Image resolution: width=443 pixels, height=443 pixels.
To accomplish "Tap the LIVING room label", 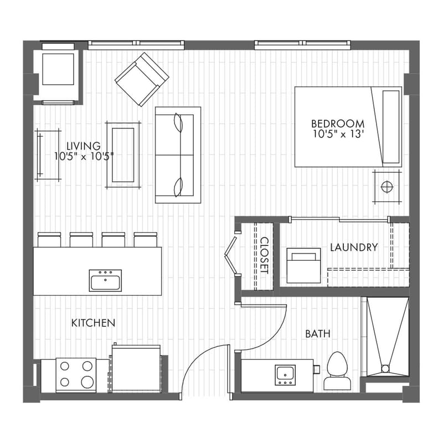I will (85, 146).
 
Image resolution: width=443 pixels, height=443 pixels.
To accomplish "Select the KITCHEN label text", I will (93, 322).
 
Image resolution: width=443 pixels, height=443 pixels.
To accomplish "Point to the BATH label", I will (318, 334).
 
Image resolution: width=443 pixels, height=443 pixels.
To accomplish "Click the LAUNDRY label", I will (354, 247).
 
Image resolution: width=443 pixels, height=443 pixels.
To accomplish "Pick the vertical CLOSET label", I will (264, 255).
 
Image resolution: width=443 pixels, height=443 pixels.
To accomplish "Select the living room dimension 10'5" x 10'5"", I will (84, 156).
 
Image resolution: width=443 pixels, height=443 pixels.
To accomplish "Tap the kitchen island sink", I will (105, 280).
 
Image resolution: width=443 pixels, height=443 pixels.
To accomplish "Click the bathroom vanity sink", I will (285, 374).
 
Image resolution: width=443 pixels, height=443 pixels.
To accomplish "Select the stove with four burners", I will (76, 374).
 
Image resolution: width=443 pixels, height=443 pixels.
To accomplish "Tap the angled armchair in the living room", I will (141, 79).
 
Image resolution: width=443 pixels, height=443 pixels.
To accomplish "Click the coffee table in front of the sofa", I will (123, 154).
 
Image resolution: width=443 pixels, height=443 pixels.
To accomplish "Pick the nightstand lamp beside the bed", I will (387, 186).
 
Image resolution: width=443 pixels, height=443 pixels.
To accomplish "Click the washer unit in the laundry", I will (303, 265).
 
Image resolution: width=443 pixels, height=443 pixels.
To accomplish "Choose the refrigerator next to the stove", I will (136, 368).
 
